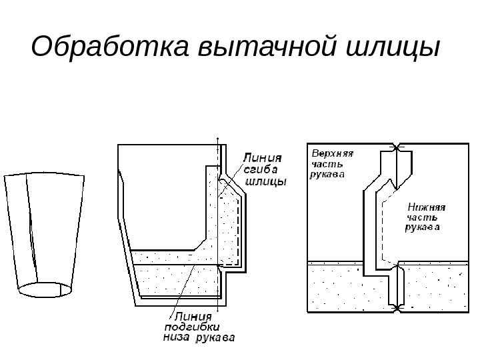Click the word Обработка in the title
point(109,49)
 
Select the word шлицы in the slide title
point(393,49)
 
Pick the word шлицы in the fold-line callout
point(266,181)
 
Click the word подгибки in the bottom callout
point(191,327)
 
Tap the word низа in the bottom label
point(177,337)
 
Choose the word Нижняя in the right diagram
point(426,207)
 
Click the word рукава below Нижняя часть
point(423,229)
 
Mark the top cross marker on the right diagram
point(397,147)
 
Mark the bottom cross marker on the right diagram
point(397,308)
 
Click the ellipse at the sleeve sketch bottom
point(43,289)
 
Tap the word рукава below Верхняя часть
point(328,175)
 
